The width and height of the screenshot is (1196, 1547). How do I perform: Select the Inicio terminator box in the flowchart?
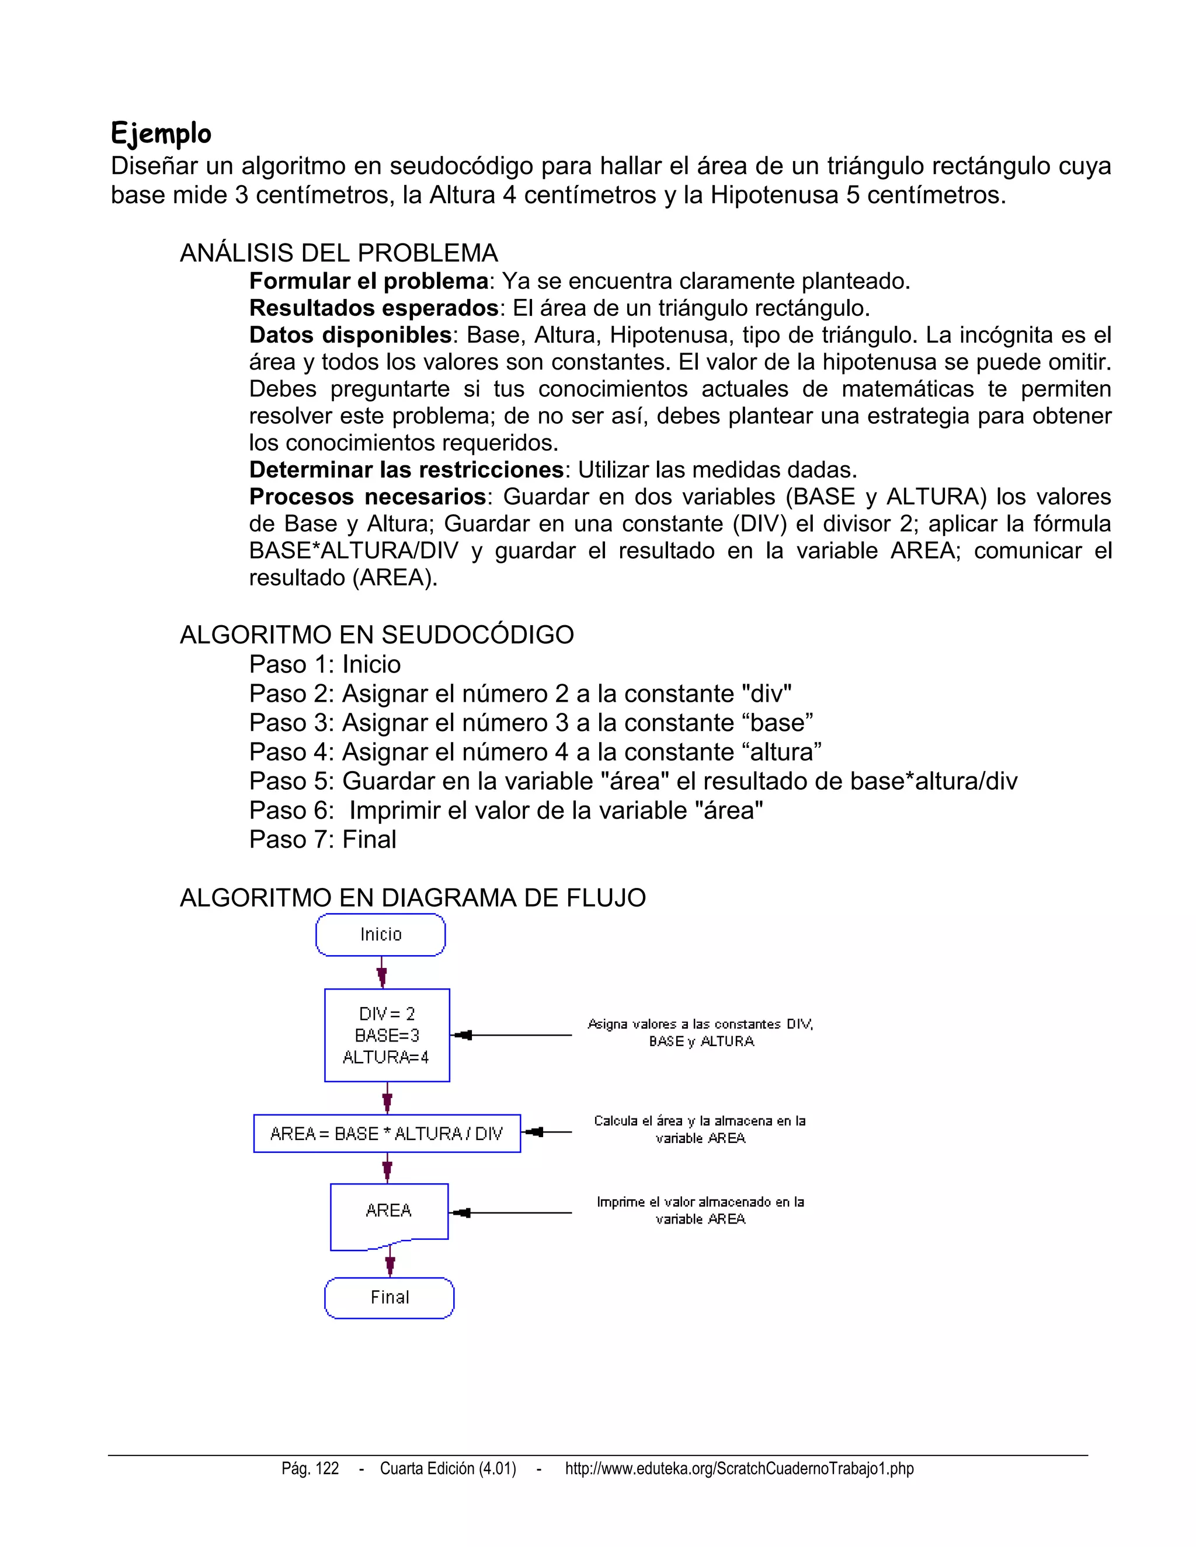pos(381,934)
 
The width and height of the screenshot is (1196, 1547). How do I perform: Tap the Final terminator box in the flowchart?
pos(389,1298)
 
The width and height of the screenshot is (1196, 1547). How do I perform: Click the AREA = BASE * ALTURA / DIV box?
pos(387,1133)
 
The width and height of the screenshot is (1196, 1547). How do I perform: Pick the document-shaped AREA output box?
pos(389,1211)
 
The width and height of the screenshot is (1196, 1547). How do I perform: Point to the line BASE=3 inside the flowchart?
pos(387,1036)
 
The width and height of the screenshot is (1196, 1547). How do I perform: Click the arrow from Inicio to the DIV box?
pos(382,973)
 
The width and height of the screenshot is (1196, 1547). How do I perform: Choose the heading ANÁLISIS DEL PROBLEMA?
pos(339,253)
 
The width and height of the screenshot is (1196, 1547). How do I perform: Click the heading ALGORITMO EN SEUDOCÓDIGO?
pos(377,635)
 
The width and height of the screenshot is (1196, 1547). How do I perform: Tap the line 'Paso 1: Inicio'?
pos(325,664)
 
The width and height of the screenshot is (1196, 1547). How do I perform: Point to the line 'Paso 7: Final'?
pos(322,839)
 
